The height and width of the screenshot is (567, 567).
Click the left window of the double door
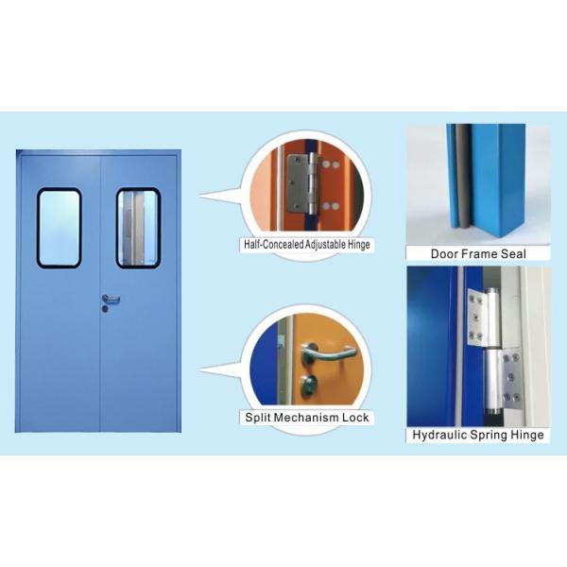pos(59,227)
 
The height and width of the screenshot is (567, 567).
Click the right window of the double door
pos(137,227)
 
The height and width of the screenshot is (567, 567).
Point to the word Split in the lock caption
pos(259,417)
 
